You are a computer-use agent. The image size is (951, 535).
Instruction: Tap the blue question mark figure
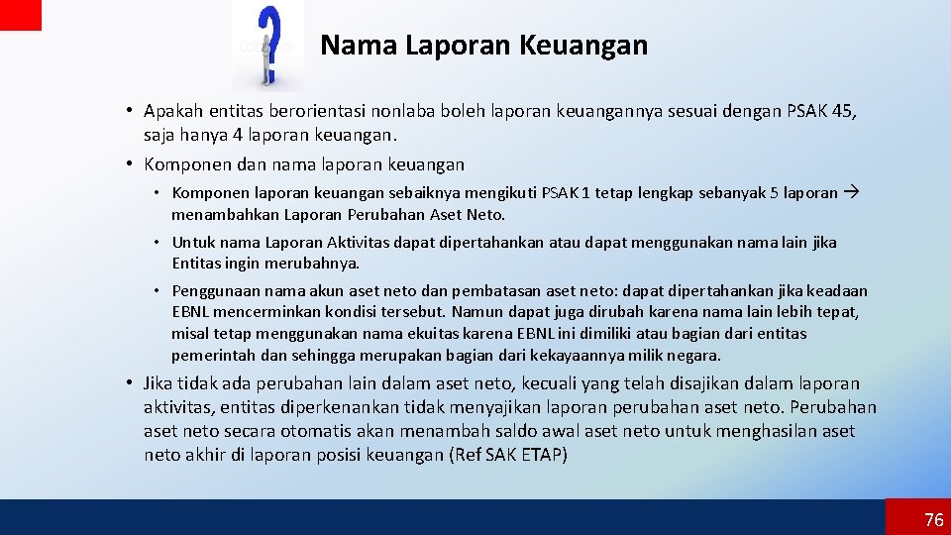tap(267, 44)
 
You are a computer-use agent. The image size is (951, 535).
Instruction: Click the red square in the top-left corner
tap(21, 14)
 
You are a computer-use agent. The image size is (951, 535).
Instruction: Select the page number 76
tap(933, 520)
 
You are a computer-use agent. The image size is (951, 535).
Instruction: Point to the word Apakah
tap(174, 111)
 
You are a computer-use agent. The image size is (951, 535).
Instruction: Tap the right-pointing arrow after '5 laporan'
tap(852, 192)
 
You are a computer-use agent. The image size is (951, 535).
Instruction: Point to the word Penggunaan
tap(212, 290)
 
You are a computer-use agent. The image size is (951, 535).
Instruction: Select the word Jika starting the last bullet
tap(158, 383)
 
